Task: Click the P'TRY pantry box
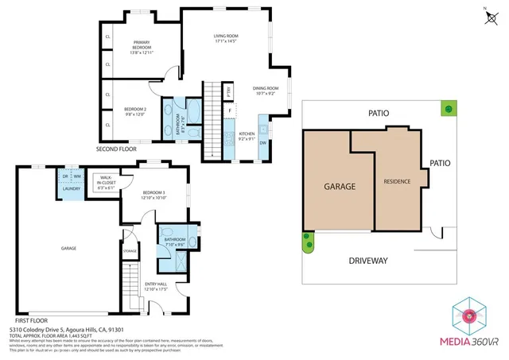[229, 92]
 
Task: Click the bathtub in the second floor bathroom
[194, 111]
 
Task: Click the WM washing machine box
[77, 177]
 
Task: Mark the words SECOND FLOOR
[116, 149]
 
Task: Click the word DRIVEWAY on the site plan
[367, 261]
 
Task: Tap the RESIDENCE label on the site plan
[397, 181]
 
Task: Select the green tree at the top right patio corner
[449, 108]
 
